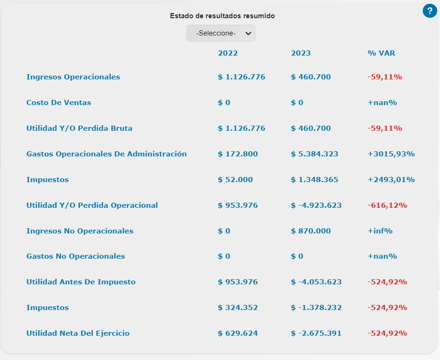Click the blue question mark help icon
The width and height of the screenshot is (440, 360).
click(429, 10)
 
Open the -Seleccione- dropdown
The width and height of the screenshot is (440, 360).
click(221, 33)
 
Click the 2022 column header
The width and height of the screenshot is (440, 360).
click(228, 53)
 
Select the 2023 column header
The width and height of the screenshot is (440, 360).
click(300, 53)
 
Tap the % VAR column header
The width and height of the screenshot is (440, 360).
click(381, 53)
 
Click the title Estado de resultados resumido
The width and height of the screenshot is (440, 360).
click(222, 16)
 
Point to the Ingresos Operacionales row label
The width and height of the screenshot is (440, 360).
click(73, 77)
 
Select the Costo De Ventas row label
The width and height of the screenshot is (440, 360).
click(59, 103)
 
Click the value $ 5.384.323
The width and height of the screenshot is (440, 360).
click(314, 154)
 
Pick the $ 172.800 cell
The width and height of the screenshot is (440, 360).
click(237, 154)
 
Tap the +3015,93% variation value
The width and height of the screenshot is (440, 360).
click(391, 154)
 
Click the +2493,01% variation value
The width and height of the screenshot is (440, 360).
click(391, 180)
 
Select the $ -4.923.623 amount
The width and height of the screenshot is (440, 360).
click(316, 205)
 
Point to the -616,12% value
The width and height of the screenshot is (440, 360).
click(387, 205)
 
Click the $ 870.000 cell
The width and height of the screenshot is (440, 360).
click(311, 231)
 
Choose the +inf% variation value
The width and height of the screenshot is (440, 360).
click(380, 231)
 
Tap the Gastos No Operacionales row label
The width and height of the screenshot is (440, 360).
click(76, 256)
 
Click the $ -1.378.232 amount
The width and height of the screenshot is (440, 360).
click(316, 308)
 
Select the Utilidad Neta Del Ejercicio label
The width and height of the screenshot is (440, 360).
click(78, 333)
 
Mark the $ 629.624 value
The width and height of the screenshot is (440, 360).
click(237, 333)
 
